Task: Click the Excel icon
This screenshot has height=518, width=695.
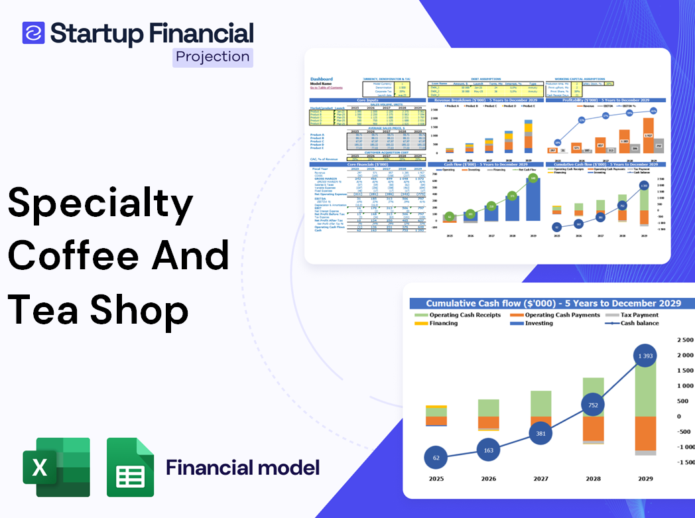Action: coord(56,467)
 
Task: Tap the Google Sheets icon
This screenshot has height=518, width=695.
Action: coord(131,467)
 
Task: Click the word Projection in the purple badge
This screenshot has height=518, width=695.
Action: coord(213,56)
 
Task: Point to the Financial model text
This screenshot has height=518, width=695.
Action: coord(242,468)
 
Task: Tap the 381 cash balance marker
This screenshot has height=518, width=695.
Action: coord(540,434)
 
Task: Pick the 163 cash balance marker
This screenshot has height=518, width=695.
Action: coord(487,450)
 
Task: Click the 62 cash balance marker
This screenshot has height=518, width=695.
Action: coord(435,458)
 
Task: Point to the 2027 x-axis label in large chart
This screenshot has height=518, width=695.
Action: coord(540,478)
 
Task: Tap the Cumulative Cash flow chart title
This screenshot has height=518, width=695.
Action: coord(553,303)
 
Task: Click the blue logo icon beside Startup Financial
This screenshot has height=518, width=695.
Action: coord(33,33)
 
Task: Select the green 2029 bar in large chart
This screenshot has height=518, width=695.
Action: coord(645,385)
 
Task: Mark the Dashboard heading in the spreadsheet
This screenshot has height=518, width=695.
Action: coord(322,79)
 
